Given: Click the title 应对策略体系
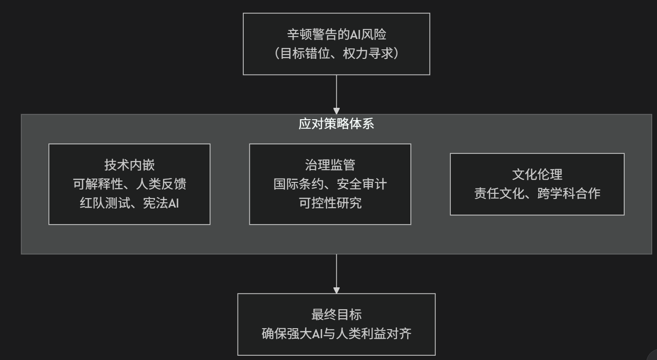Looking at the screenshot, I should click(336, 124).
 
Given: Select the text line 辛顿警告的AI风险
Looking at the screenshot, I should click(336, 35).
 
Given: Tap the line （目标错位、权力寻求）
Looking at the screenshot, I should click(336, 53).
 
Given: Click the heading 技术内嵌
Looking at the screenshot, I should click(129, 165).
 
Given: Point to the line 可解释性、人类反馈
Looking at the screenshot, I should click(129, 184).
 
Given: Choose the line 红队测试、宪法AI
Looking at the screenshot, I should click(129, 203).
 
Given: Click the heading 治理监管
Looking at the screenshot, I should click(330, 165).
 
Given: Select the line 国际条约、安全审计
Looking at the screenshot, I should click(330, 184).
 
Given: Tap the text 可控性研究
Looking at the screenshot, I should click(330, 203).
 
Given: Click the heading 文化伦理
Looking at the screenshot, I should click(537, 174).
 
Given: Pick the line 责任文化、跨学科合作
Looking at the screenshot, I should click(537, 193).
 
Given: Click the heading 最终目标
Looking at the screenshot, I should click(336, 314).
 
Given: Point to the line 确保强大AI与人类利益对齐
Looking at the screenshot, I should click(336, 333).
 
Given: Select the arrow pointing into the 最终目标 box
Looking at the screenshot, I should click(336, 274).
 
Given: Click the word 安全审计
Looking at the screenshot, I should click(361, 184).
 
